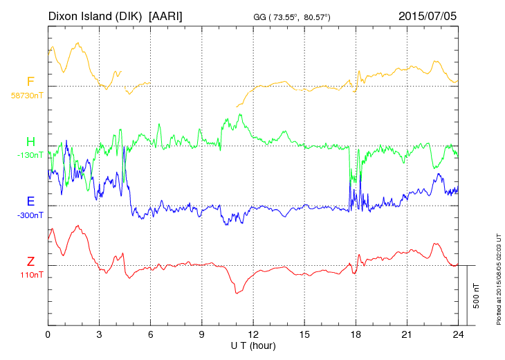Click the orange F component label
[x=30, y=82]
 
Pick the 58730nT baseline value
[x=27, y=96]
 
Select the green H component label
[x=30, y=143]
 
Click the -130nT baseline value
[x=30, y=155]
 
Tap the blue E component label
[x=30, y=202]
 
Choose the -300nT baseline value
[x=30, y=215]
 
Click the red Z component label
[x=30, y=262]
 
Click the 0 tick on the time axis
[x=48, y=334]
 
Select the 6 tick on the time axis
[x=150, y=334]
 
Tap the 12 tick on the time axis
[x=252, y=334]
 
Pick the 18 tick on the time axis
[x=355, y=334]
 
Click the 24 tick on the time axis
[x=457, y=334]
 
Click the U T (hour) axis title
[x=253, y=345]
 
